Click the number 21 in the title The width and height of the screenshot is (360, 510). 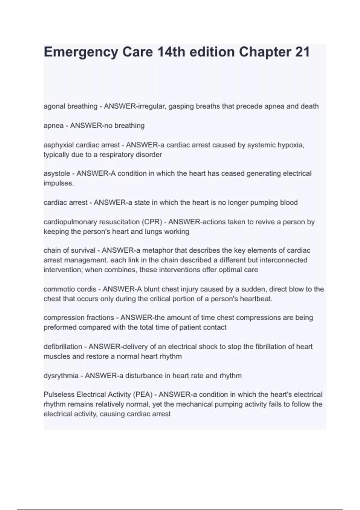(x=302, y=52)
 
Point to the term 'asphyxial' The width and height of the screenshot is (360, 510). (x=58, y=145)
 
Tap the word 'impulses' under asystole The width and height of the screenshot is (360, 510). (x=58, y=183)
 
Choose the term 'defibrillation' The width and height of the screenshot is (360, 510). (x=63, y=347)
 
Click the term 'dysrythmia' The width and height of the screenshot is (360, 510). (x=61, y=376)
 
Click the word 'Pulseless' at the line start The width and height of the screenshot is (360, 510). (x=58, y=394)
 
